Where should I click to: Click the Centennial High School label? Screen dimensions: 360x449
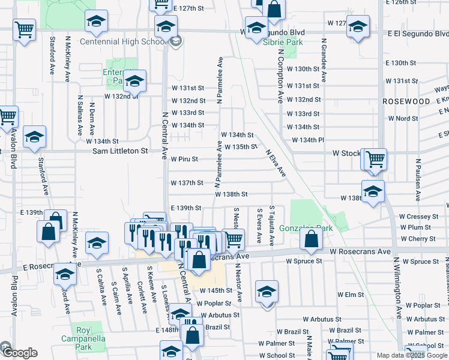click(x=123, y=41)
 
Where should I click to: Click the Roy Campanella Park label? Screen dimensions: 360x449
click(x=83, y=339)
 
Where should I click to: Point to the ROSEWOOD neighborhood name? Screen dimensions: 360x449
click(x=407, y=102)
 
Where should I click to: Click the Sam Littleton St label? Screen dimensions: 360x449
click(x=120, y=151)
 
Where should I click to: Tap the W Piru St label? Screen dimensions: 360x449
click(x=184, y=160)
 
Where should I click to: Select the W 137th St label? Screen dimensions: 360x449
click(x=187, y=183)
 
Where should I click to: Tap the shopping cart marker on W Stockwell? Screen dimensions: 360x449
click(x=375, y=160)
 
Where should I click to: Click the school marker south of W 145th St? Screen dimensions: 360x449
click(x=267, y=292)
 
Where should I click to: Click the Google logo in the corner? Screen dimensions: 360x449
click(x=19, y=353)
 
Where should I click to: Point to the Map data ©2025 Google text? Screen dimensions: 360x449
click(x=412, y=355)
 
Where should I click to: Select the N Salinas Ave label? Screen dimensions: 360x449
click(x=79, y=114)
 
